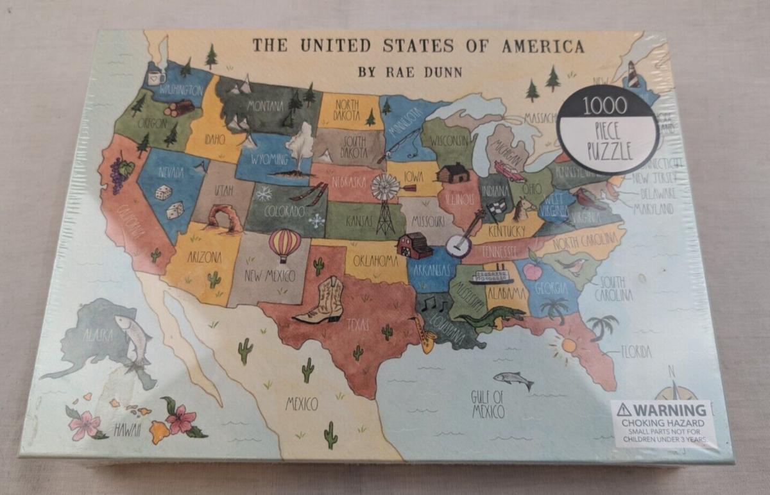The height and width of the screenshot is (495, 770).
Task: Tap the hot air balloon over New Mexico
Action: click(x=284, y=244)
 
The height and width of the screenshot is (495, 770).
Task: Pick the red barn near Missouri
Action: click(x=415, y=245)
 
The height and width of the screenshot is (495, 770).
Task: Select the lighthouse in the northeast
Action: click(x=633, y=74)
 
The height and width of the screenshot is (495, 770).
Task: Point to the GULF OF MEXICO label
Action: click(x=487, y=403)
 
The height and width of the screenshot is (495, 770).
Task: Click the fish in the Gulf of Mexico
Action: click(x=513, y=380)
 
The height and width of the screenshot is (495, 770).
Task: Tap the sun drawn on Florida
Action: click(x=568, y=346)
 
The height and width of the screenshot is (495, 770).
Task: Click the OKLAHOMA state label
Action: click(x=375, y=260)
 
